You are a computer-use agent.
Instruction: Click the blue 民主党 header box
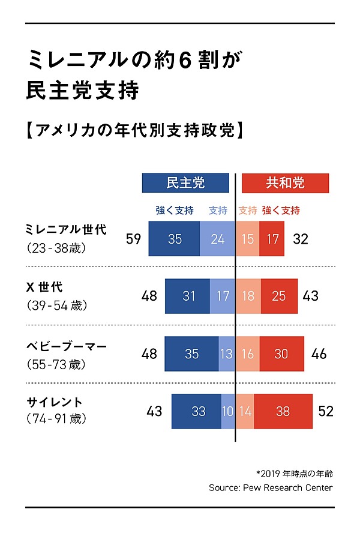click(x=185, y=182)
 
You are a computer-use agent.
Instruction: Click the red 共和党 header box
click(x=285, y=182)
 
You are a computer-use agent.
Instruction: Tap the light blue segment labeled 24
click(x=217, y=239)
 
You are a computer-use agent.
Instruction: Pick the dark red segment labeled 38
click(x=283, y=411)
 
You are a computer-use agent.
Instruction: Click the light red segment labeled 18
click(x=248, y=296)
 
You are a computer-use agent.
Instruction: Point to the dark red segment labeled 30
click(x=281, y=354)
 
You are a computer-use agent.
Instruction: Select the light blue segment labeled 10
click(x=228, y=411)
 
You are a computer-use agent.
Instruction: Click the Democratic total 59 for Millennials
click(x=133, y=239)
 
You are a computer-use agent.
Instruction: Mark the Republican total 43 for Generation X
click(x=310, y=296)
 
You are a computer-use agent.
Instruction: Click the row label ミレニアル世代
click(x=66, y=230)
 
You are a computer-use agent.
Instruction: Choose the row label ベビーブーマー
click(x=66, y=346)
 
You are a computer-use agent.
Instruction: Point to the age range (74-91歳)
click(x=57, y=419)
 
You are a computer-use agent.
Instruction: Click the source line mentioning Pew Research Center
click(x=271, y=487)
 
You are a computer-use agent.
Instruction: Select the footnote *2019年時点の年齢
click(x=294, y=472)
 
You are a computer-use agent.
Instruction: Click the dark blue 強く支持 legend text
click(x=174, y=211)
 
